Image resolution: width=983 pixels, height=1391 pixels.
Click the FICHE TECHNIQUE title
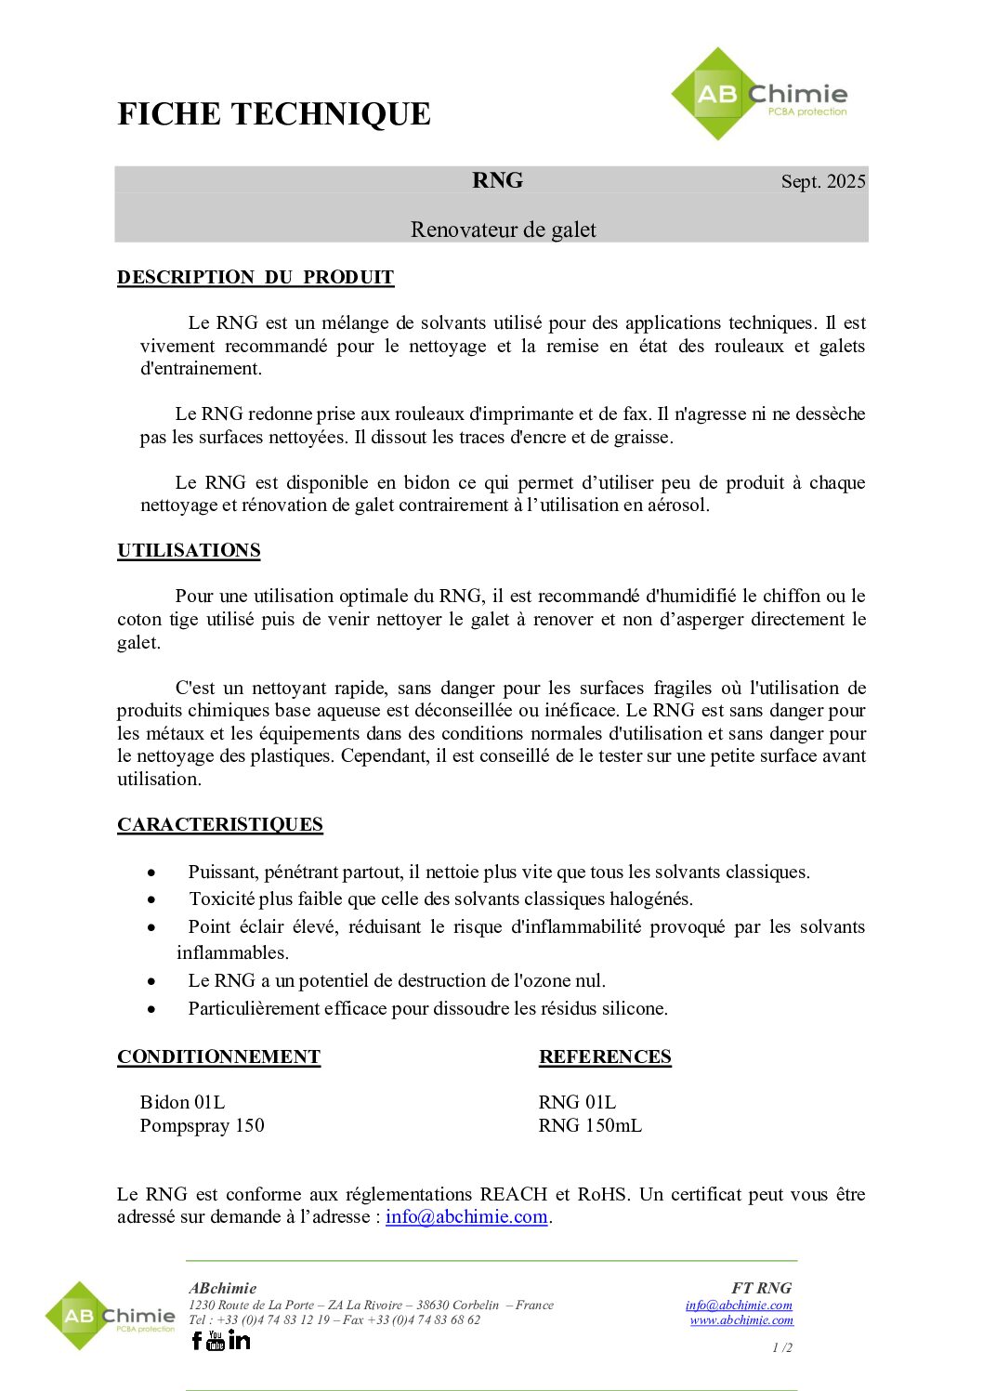click(x=274, y=114)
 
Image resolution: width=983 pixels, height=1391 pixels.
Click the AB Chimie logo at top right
click(x=759, y=95)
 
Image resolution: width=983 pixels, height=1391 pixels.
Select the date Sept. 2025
click(x=823, y=181)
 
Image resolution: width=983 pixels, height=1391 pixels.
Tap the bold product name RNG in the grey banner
click(x=497, y=180)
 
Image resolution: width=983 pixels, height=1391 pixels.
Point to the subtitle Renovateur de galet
click(x=503, y=230)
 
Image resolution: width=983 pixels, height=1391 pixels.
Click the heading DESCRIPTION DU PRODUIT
click(x=256, y=278)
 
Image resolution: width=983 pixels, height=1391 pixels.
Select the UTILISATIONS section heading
click(x=189, y=550)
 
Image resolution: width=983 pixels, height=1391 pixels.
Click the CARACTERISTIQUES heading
click(x=220, y=825)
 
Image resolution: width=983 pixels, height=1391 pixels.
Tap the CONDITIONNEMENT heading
click(x=218, y=1057)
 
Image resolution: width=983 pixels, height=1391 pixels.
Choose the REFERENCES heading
click(x=605, y=1057)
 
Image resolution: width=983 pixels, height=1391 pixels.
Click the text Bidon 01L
click(x=182, y=1102)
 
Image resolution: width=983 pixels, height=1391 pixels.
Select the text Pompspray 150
click(x=202, y=1125)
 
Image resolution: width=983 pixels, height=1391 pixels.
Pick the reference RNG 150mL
click(x=590, y=1125)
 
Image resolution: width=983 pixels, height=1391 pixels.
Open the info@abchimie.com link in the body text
click(x=466, y=1216)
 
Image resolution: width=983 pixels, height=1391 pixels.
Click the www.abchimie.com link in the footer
click(x=741, y=1319)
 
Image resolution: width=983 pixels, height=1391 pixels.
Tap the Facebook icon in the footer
click(x=197, y=1340)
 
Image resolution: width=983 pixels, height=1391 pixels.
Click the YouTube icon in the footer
click(x=216, y=1340)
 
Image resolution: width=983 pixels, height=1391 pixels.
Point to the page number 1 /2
click(x=782, y=1347)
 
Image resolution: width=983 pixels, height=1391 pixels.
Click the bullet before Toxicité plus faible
click(x=151, y=899)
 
